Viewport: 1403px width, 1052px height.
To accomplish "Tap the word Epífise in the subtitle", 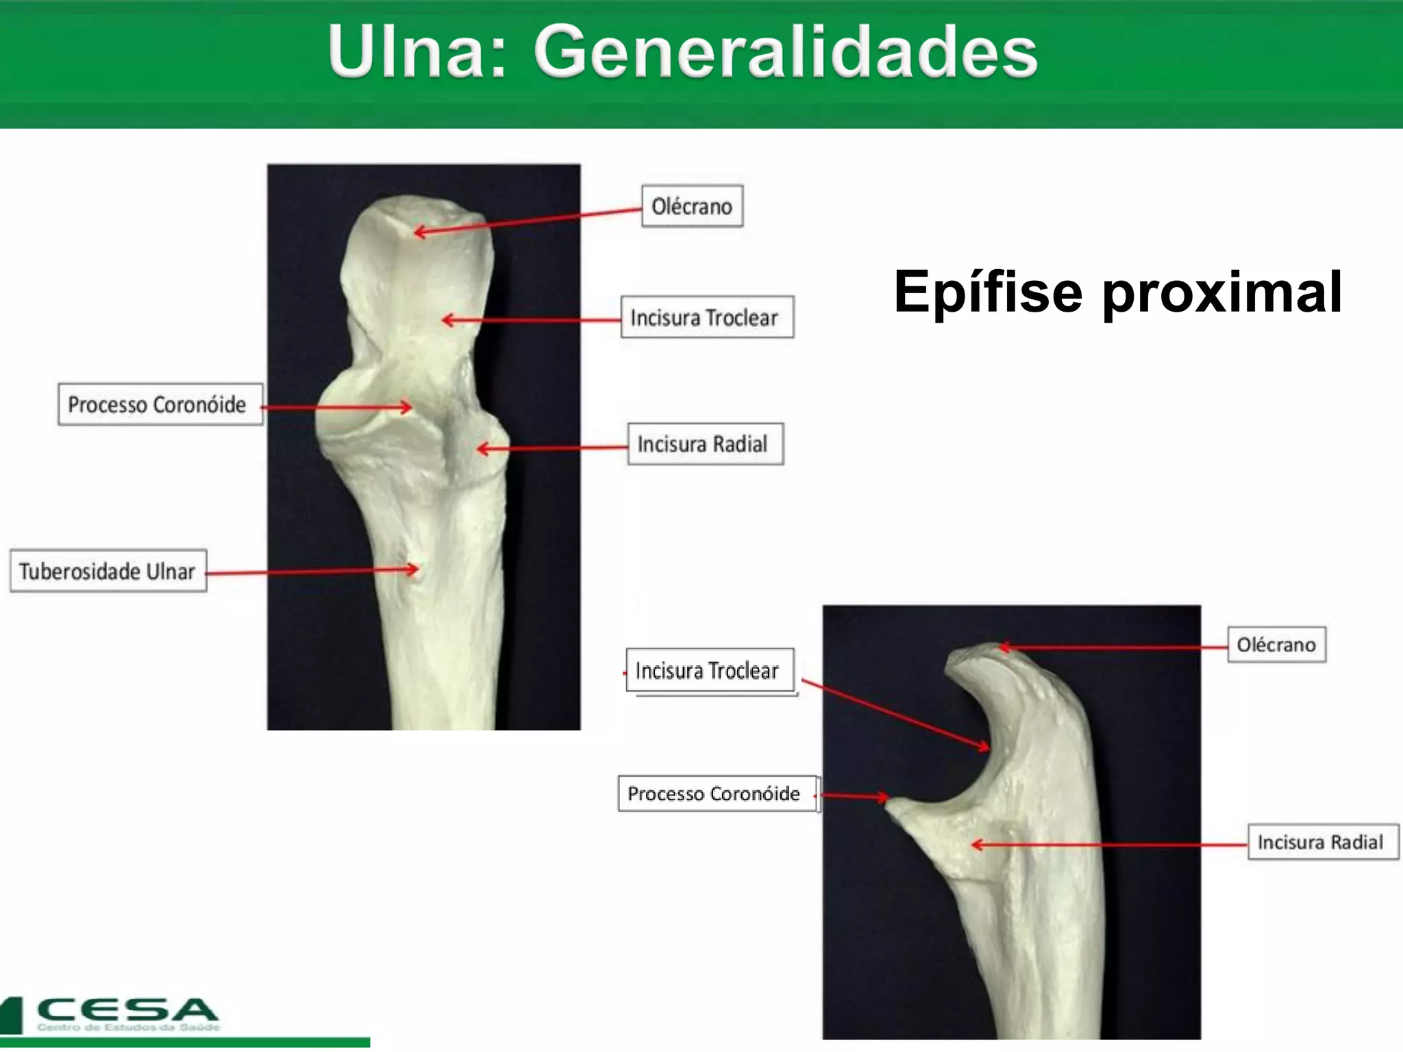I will (987, 292).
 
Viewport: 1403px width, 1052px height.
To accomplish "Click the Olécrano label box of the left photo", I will (692, 205).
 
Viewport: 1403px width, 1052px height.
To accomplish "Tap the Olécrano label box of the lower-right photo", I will (1276, 644).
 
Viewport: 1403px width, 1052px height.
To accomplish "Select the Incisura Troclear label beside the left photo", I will (706, 317).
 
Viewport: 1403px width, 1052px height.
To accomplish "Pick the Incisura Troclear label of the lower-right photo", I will (709, 670).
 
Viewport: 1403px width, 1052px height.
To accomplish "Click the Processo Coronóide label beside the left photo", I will (160, 404).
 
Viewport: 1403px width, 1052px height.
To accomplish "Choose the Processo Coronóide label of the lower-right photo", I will (717, 793).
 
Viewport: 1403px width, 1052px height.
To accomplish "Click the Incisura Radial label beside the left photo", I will (705, 444).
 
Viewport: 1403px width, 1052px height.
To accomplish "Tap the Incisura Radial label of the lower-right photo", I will (1321, 842).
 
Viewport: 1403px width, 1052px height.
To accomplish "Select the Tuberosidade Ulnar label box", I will (108, 571).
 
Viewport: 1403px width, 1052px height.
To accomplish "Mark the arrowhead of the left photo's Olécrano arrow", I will (417, 233).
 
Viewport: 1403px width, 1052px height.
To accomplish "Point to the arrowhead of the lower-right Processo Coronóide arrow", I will (886, 798).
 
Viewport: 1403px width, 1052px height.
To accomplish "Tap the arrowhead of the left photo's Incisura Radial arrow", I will (480, 449).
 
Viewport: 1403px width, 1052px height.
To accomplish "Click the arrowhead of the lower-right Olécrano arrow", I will (1002, 647).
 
